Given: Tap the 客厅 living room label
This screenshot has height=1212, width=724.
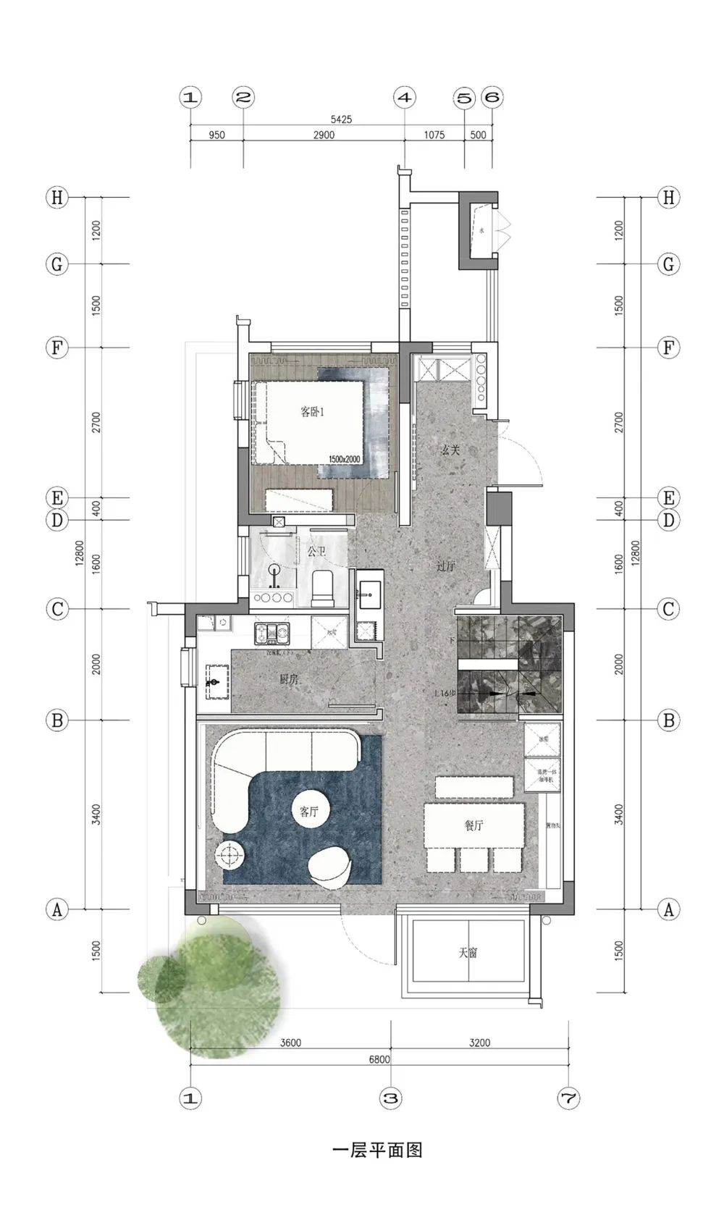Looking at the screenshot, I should point(309,812).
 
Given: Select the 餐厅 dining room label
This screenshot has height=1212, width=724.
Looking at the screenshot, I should point(474,825).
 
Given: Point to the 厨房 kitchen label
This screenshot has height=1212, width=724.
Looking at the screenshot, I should point(289,679).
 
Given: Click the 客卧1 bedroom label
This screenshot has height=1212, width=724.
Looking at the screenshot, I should point(312,412).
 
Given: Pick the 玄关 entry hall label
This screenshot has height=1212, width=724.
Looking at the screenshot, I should point(450,450).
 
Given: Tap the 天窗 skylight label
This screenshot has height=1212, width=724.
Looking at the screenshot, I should point(468,953).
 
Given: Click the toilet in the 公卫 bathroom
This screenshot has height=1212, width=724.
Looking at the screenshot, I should point(322,587).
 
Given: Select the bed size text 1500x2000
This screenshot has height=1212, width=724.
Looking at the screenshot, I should point(344,460).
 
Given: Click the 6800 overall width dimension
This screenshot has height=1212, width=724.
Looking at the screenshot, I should point(379,1059).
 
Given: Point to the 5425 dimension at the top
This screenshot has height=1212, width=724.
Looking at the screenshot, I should point(341,119).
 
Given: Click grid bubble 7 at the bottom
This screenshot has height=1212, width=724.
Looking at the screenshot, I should point(568,1098).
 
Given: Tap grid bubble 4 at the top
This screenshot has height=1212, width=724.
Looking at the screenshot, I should point(405,97).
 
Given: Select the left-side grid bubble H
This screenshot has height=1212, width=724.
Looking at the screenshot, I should point(56,198).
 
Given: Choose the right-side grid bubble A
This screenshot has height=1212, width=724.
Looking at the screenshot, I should point(668,909).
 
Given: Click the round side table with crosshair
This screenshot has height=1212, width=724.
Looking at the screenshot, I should point(230,857).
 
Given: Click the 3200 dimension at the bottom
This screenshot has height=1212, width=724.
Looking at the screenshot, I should point(479,1043).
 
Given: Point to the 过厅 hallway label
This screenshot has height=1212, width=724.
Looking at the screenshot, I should point(446,567).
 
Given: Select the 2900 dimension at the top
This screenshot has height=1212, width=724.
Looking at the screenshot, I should point(324,135).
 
